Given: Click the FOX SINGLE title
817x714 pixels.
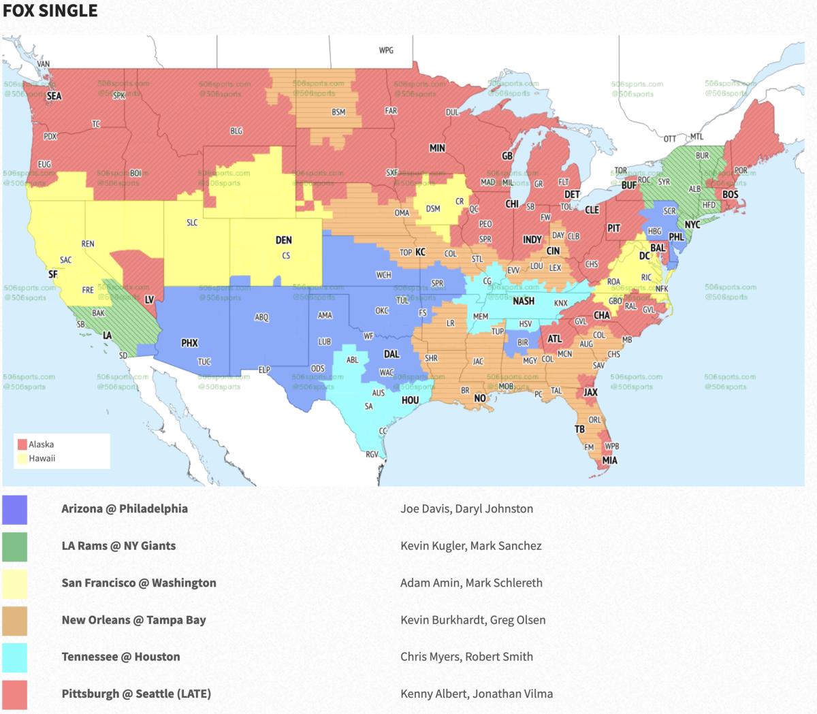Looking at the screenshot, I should coord(50,11).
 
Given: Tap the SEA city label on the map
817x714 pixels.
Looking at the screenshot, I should coord(54,96).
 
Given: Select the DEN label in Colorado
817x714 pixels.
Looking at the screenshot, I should coord(283,240).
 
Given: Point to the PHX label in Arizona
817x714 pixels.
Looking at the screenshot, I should coord(189,343).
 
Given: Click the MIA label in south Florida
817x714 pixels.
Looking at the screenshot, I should coord(609,460).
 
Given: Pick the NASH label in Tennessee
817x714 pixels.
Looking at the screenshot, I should coord(523,301).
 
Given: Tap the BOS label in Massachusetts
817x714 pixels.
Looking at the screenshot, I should coord(730,195).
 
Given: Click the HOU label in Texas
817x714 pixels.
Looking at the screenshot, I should coord(410,400).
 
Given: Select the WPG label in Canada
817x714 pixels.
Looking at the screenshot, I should coord(386,50).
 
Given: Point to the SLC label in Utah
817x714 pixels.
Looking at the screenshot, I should coord(192,223).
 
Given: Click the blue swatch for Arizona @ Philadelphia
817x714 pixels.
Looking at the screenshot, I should coord(14,509).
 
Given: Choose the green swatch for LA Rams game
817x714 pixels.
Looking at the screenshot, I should coord(14,546).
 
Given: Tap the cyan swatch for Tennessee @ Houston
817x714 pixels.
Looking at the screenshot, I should coord(14,657).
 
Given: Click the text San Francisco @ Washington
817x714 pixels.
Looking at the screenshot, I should coord(139,583).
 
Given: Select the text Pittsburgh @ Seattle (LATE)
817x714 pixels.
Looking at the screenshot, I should coord(136,694).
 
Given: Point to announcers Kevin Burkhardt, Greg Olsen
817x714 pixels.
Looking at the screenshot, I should coord(472,620).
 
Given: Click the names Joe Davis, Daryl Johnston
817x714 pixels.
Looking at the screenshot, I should coord(466,508).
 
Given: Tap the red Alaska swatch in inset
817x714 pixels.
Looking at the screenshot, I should coord(22,444).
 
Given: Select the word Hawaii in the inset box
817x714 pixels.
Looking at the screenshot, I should coord(42,458).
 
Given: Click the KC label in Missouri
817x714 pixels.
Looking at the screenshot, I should coord(420,252).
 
